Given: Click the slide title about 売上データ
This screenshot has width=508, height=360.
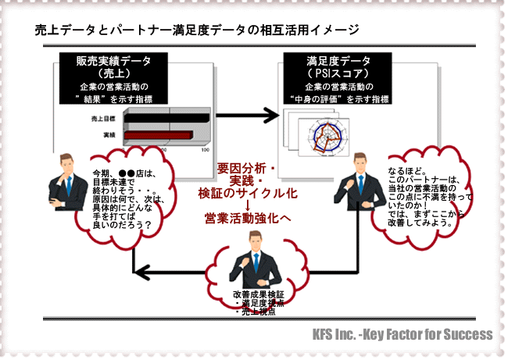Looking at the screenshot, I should click(196, 30).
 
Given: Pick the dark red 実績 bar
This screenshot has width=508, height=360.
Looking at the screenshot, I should click(157, 136).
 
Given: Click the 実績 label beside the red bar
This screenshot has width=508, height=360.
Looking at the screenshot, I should click(109, 136).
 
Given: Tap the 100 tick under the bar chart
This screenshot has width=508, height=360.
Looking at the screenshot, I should click(206, 148).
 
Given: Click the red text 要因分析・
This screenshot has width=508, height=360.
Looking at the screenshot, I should click(247, 167).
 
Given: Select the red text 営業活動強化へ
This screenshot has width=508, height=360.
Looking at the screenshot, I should click(247, 217).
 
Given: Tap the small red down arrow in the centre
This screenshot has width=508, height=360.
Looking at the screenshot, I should click(247, 204).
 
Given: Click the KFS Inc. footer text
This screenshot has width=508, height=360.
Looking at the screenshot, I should click(399, 334).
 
